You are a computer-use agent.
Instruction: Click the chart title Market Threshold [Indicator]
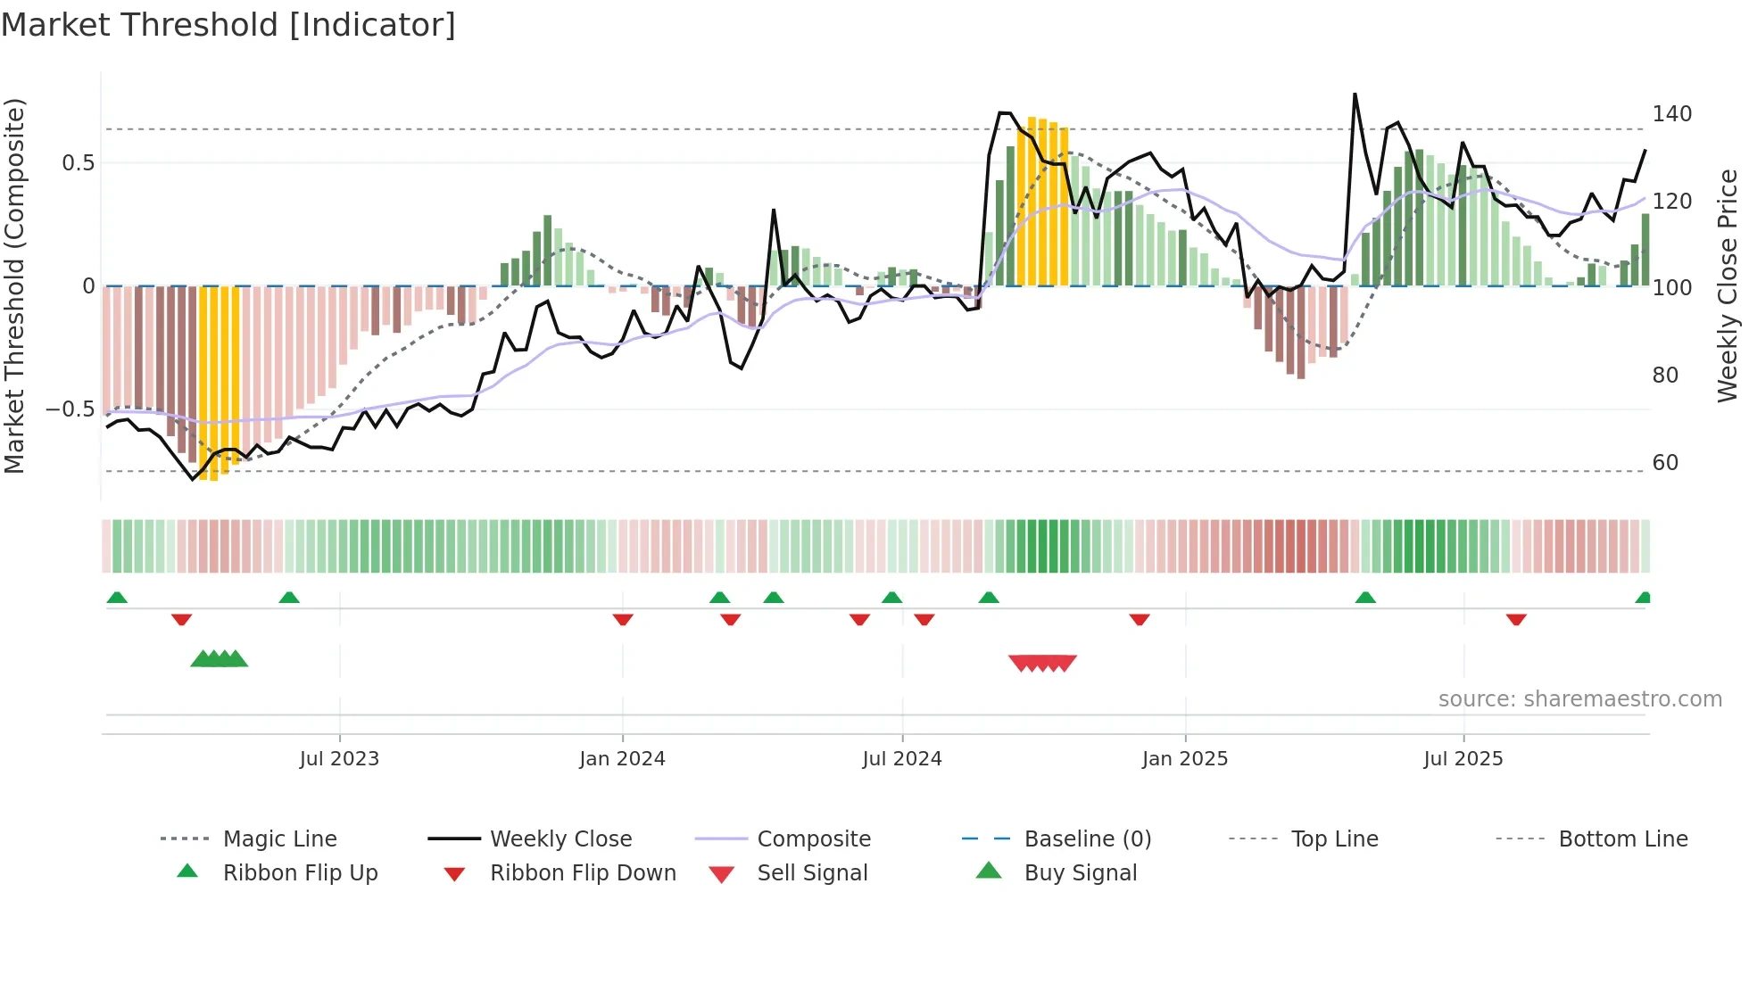[x=228, y=25]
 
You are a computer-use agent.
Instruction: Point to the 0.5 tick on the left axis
[x=78, y=163]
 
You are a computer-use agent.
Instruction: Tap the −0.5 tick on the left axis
[x=70, y=409]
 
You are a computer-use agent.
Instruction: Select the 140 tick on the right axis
[x=1671, y=114]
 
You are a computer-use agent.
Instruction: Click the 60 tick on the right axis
[x=1665, y=463]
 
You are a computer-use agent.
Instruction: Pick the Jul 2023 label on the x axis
[x=339, y=759]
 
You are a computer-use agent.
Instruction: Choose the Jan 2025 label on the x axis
[x=1184, y=759]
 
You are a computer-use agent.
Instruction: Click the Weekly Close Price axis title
[x=1728, y=285]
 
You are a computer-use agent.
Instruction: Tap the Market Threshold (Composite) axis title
[x=14, y=285]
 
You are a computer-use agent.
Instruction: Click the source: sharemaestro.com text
[x=1579, y=699]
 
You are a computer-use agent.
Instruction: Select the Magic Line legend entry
[x=279, y=839]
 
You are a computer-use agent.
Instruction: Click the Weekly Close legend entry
[x=560, y=839]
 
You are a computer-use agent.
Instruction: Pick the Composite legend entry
[x=813, y=839]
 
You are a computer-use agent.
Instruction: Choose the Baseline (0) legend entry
[x=1087, y=839]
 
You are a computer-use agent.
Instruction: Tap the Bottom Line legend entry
[x=1622, y=839]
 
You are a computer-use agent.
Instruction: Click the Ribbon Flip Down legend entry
[x=582, y=873]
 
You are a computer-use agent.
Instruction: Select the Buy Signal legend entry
[x=1080, y=873]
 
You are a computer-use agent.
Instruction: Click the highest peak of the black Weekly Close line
[x=1355, y=94]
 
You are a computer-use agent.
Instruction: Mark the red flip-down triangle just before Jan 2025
[x=1140, y=619]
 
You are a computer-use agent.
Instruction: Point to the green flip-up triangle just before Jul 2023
[x=289, y=598]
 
